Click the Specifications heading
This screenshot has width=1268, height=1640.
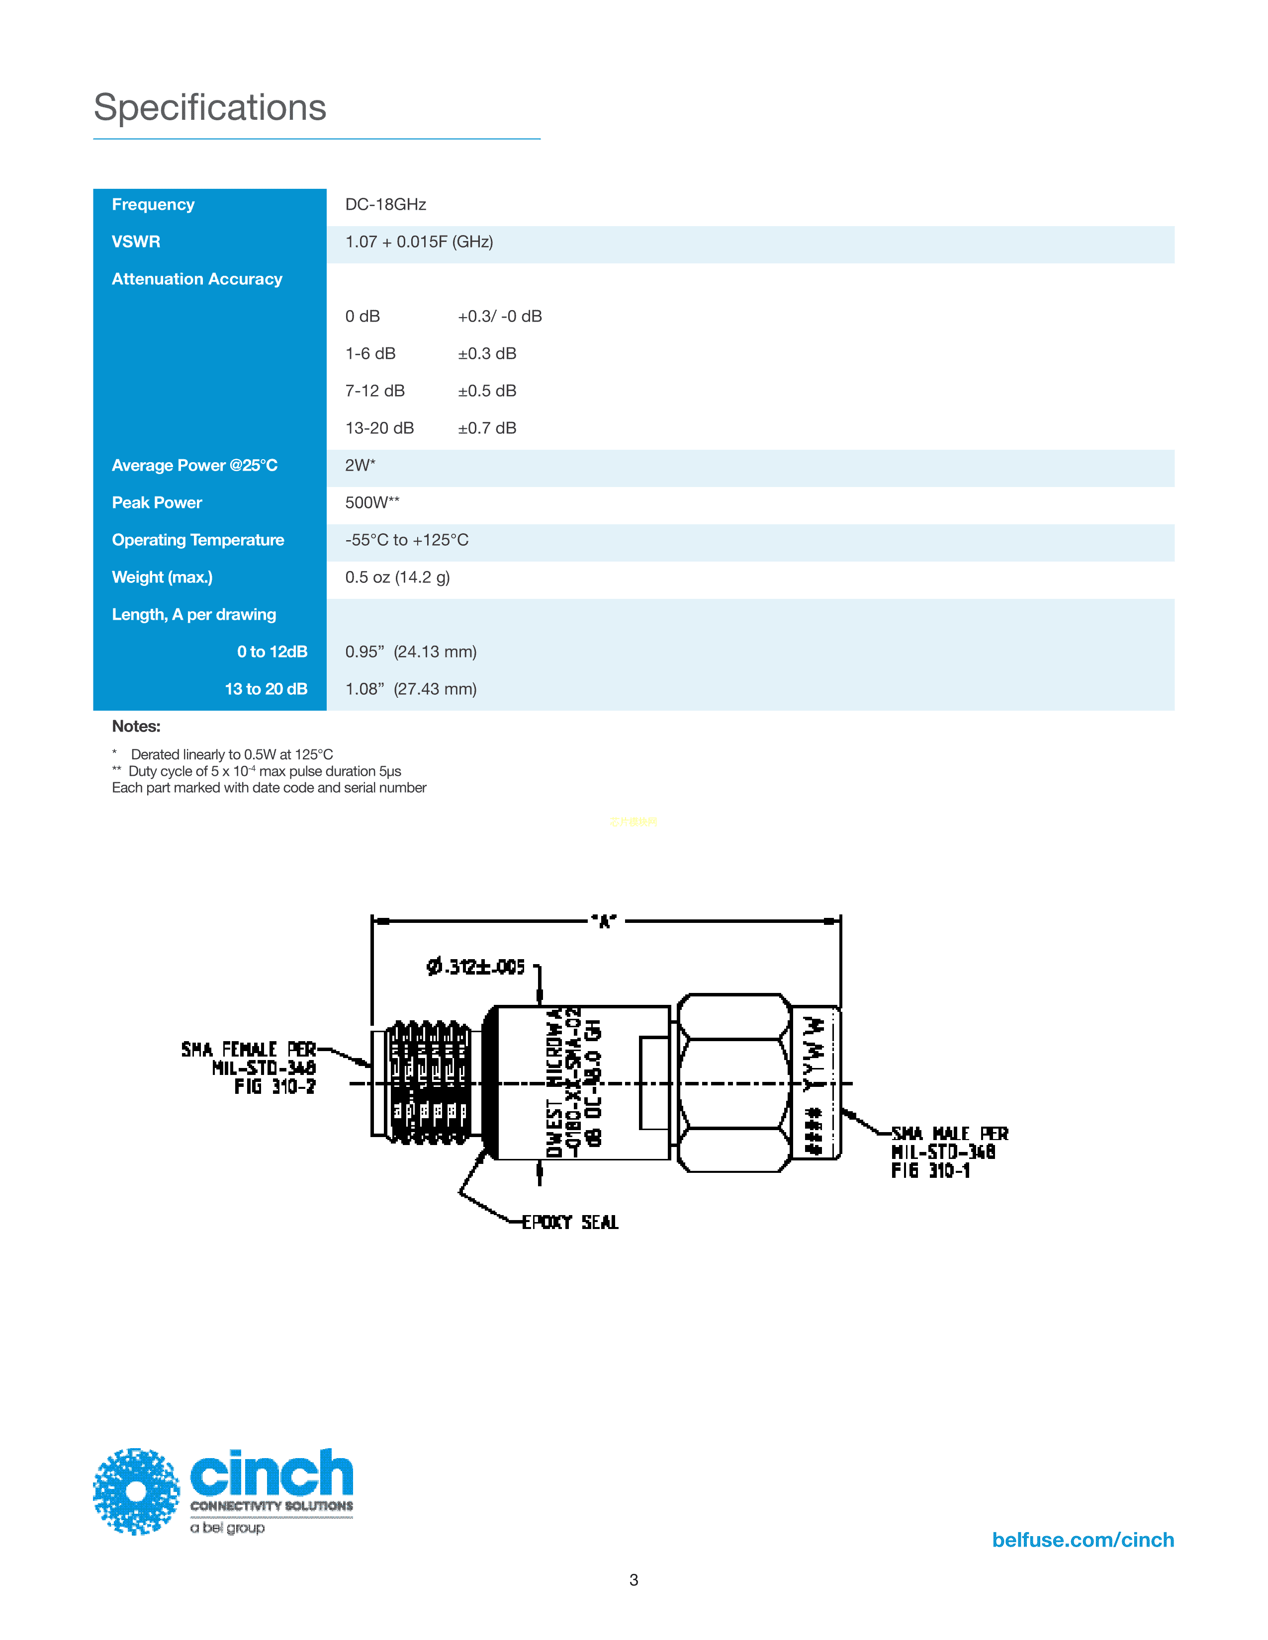coord(209,107)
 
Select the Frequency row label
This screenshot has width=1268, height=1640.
coord(153,204)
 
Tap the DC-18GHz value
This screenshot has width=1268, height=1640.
coord(385,204)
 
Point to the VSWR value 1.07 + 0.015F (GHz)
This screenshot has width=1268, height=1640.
coord(418,242)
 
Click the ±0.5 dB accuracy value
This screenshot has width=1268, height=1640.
coord(487,391)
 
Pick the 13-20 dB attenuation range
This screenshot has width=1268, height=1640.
coord(379,428)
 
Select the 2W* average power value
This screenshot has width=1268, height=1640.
coord(360,466)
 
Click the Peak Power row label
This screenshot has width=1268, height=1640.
coord(157,502)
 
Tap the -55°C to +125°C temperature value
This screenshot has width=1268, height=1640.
coord(406,540)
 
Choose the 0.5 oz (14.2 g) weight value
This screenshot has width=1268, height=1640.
coord(397,577)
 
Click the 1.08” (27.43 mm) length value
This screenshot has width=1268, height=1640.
coord(411,689)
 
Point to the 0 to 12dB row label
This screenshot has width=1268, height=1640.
coord(272,652)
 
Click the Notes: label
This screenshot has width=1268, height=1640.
coord(136,726)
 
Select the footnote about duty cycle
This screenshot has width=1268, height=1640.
coord(257,771)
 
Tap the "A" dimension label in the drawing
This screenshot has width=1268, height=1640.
coord(604,921)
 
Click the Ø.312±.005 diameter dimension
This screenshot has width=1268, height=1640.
coord(475,967)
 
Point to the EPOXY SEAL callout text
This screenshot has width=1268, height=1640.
coord(570,1223)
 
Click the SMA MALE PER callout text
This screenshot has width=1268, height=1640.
coord(949,1134)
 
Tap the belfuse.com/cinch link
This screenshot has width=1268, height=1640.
coord(1083,1540)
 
